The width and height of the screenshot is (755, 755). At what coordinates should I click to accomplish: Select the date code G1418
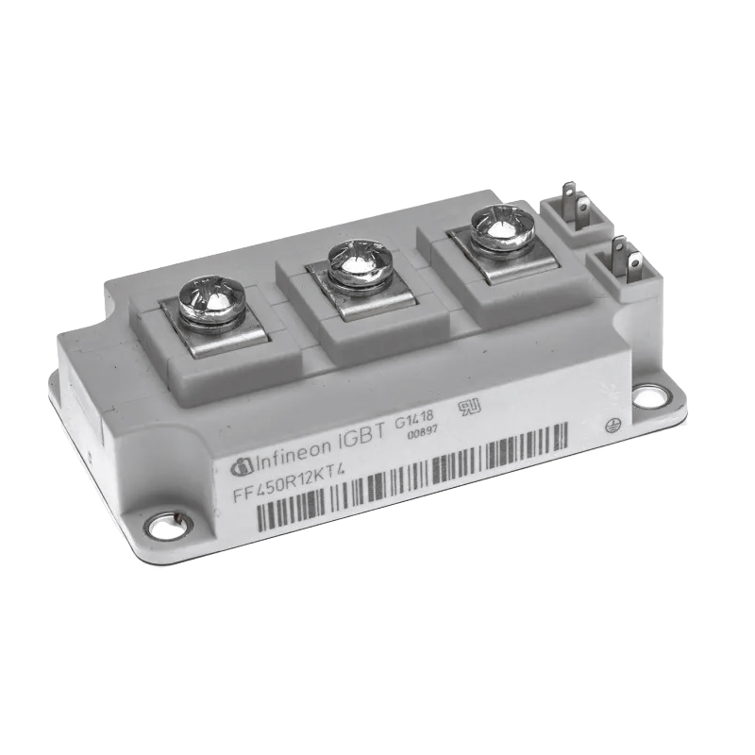[414, 417]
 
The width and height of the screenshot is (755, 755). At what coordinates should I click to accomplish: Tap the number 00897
[422, 432]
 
